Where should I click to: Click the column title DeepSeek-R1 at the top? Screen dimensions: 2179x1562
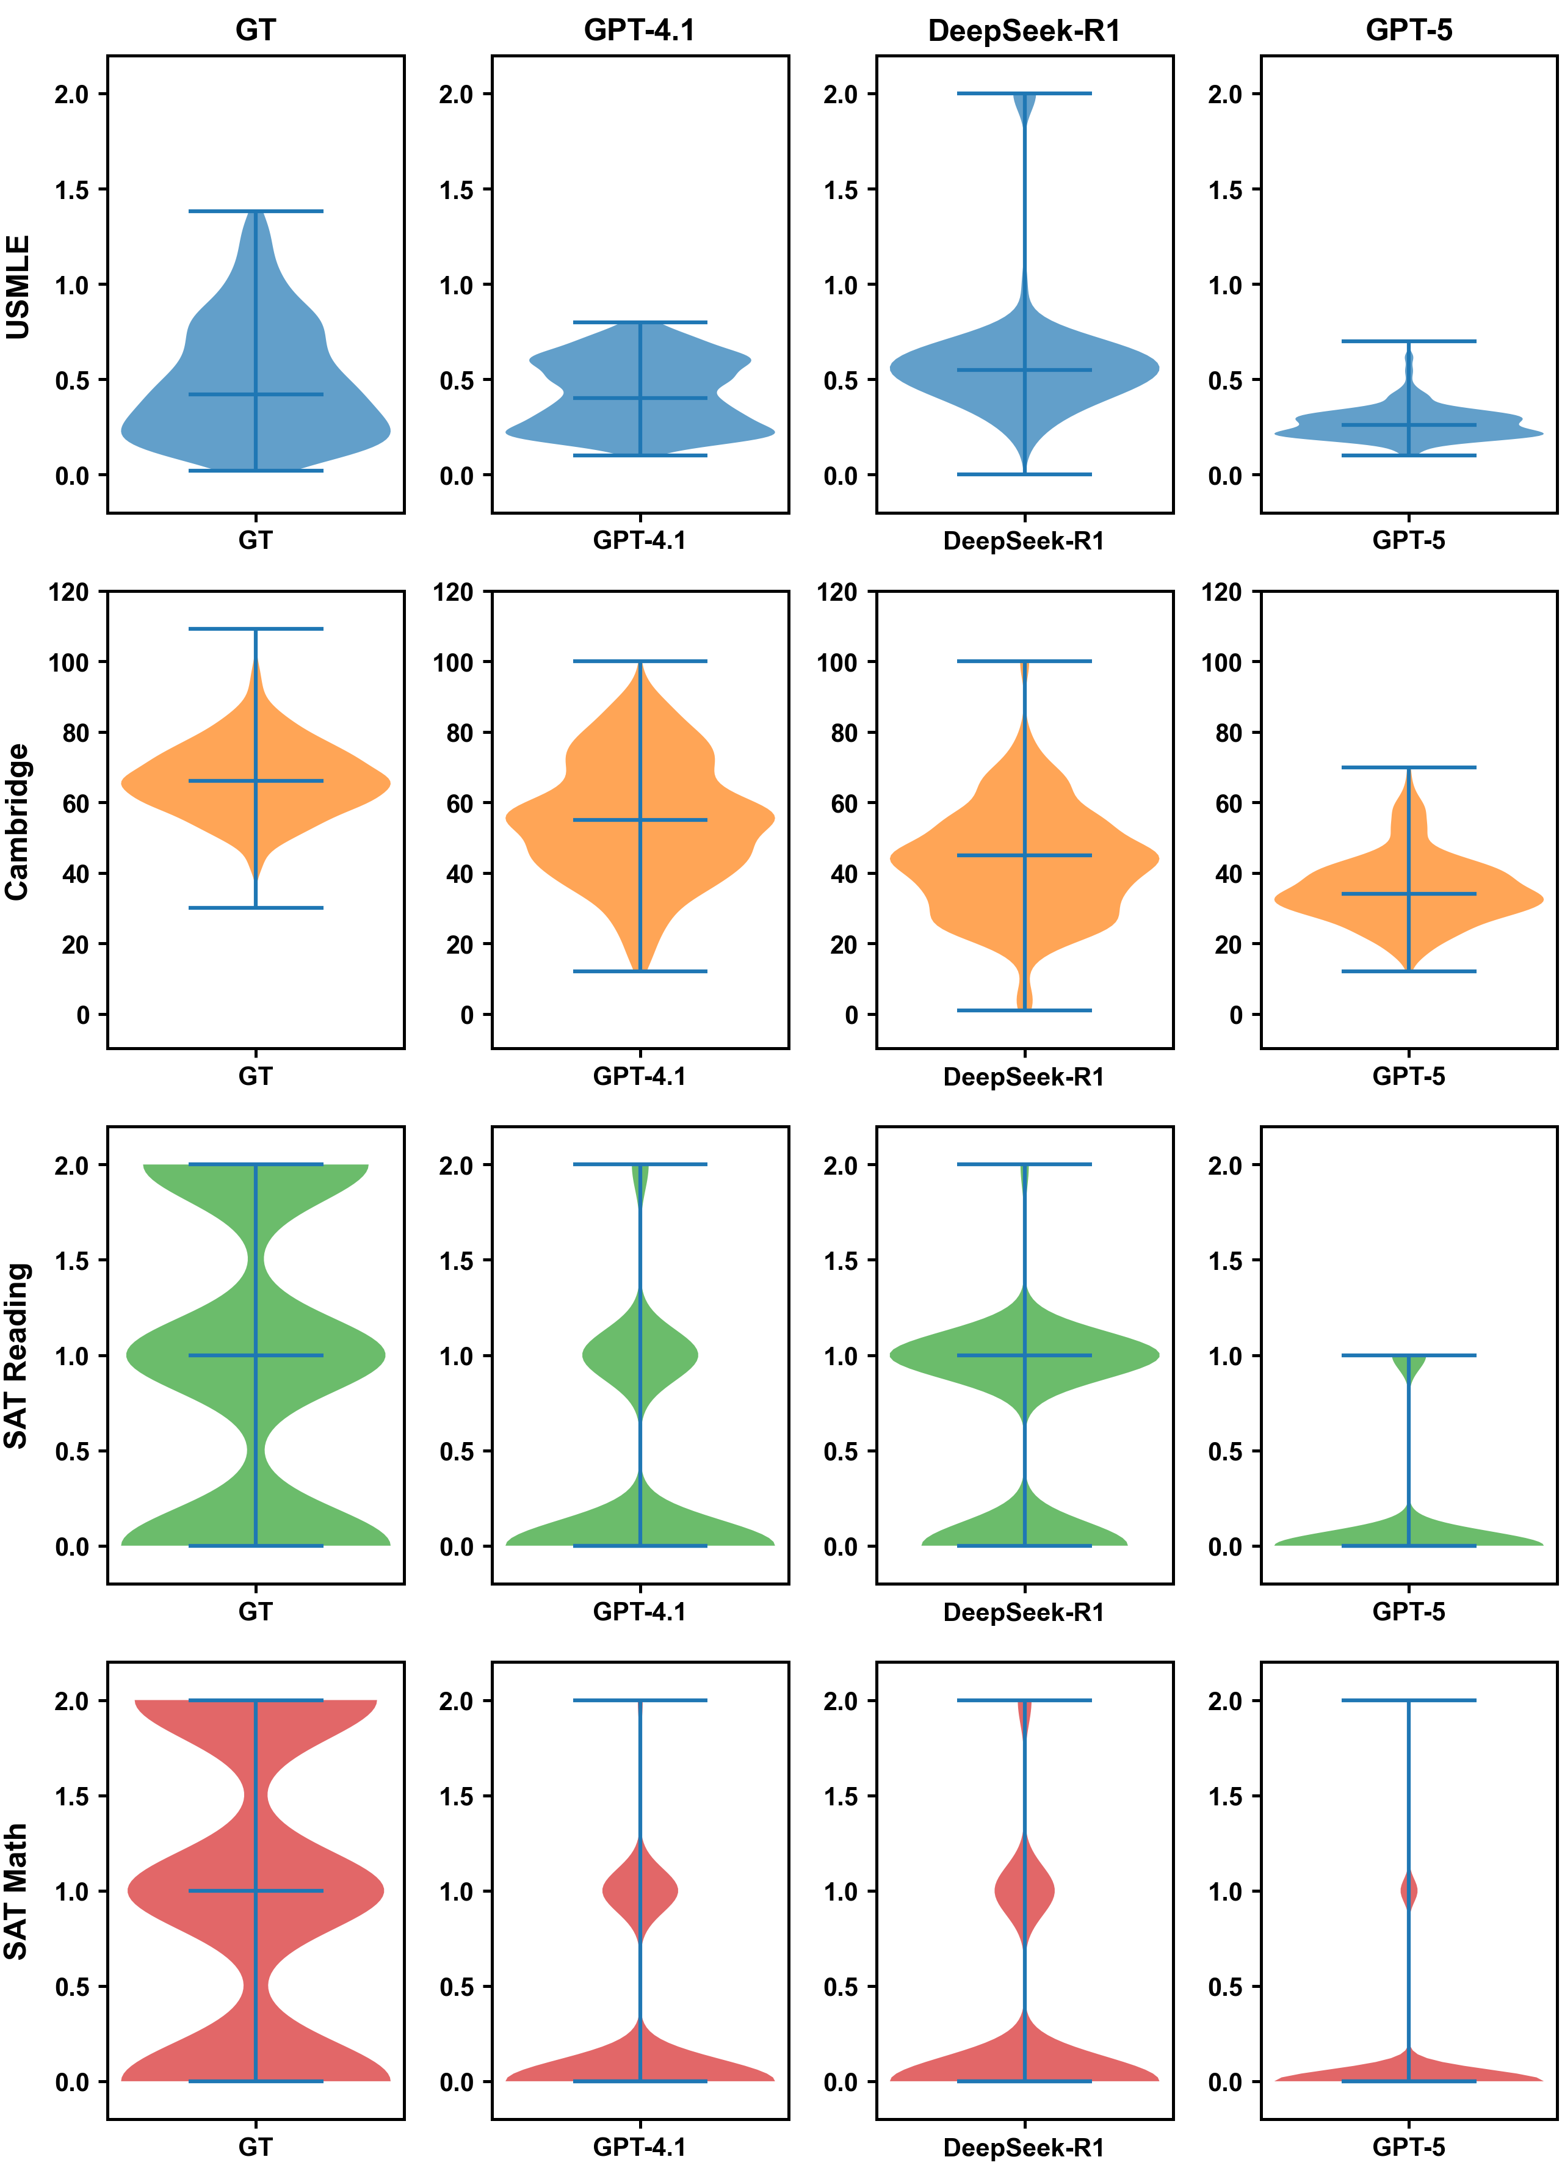click(1024, 31)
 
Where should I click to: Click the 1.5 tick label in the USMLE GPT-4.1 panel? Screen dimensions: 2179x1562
click(457, 190)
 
